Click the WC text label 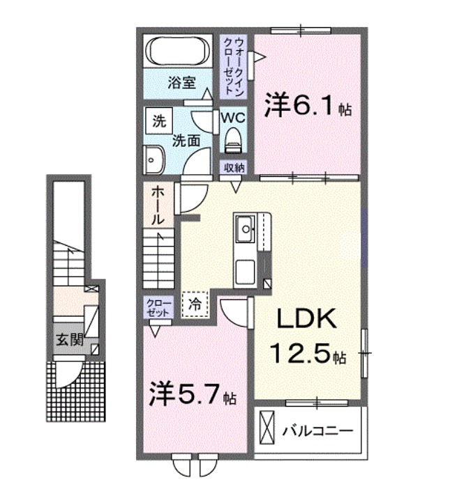(x=232, y=117)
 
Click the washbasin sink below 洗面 (x=153, y=161)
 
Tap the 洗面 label (x=186, y=140)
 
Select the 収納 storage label (x=234, y=167)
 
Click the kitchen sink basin (x=246, y=228)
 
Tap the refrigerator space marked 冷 (x=195, y=304)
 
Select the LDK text (x=308, y=320)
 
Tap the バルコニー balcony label (x=316, y=431)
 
